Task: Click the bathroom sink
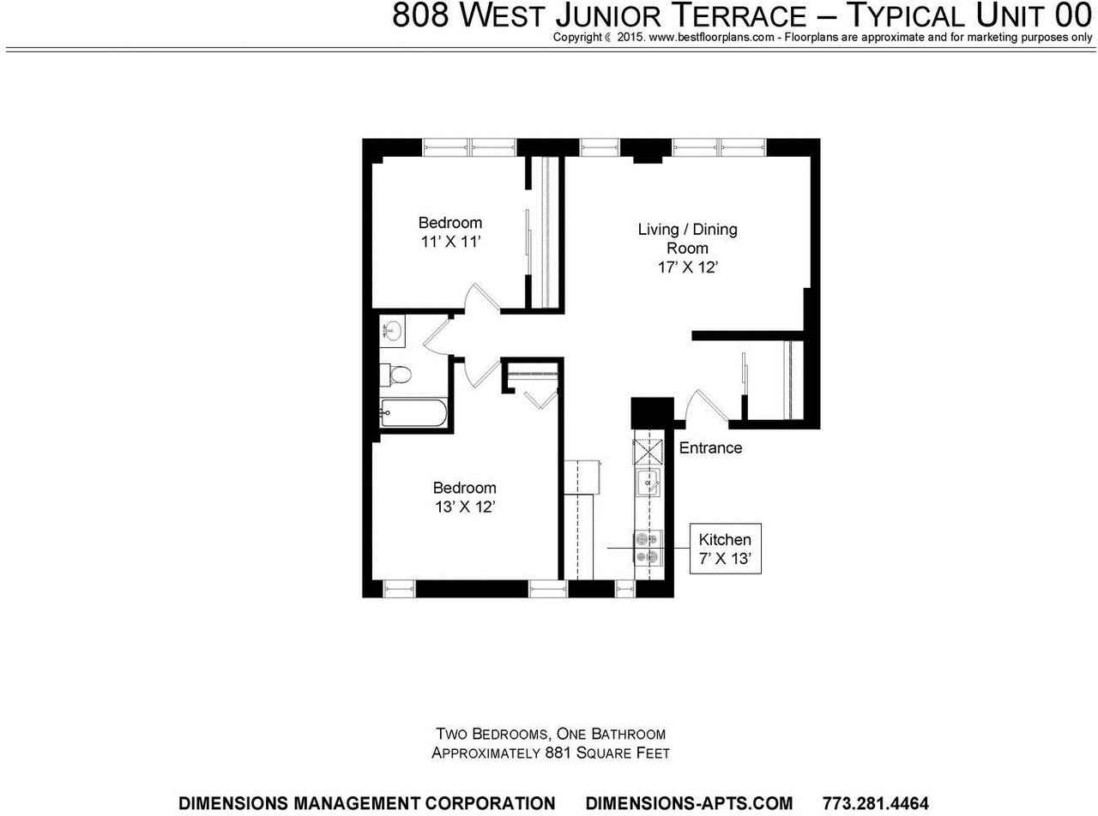click(393, 330)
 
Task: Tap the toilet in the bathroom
click(399, 375)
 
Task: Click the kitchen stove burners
click(645, 548)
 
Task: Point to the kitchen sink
click(645, 483)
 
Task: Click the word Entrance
click(710, 447)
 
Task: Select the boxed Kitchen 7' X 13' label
click(725, 549)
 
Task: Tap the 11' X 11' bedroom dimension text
click(449, 242)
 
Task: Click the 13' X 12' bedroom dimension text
click(465, 507)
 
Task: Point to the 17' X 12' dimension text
click(687, 267)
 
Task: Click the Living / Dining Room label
click(687, 238)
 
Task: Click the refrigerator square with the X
click(645, 451)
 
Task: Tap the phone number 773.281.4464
click(875, 803)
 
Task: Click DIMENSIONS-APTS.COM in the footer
click(689, 803)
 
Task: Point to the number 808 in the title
click(421, 15)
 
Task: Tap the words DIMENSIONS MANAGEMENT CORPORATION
click(366, 803)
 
